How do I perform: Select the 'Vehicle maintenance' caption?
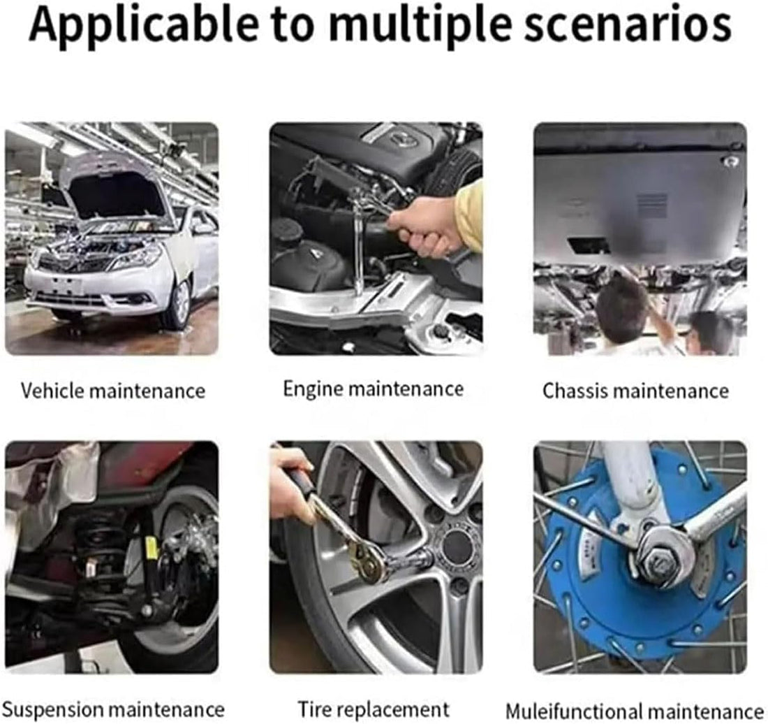[113, 391]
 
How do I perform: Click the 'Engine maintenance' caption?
[374, 389]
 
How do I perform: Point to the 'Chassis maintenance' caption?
[636, 391]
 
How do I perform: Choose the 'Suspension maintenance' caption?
[113, 709]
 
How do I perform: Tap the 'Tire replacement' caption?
[374, 709]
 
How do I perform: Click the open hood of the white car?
[117, 188]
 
